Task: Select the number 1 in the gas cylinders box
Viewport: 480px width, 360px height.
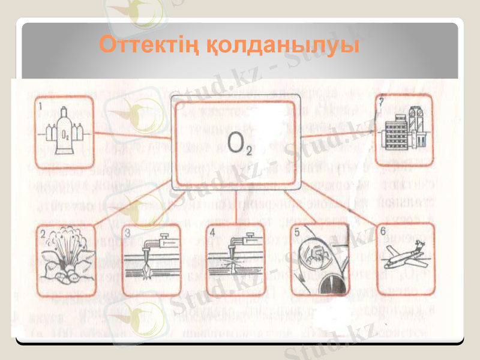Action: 41,106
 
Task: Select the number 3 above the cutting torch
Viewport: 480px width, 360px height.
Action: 128,232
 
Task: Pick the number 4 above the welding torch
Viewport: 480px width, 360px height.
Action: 213,232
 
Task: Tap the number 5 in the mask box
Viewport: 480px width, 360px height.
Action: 297,232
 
